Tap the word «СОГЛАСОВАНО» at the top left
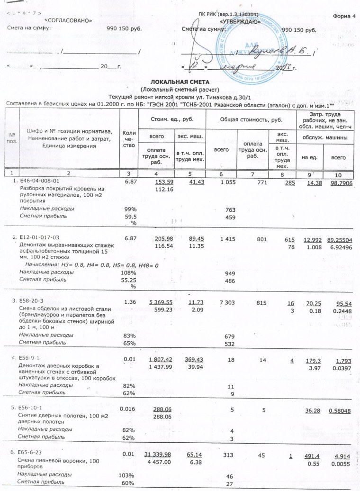68,21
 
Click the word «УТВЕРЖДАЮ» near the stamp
239,22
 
